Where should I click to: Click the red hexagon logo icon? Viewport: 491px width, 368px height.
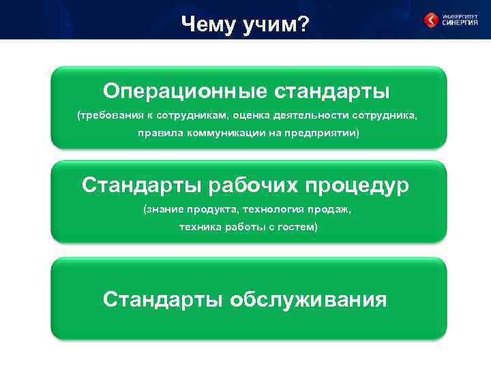click(432, 20)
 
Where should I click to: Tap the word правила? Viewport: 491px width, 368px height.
click(159, 134)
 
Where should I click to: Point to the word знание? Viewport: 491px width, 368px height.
click(164, 209)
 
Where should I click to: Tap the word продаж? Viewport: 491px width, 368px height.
click(333, 209)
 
